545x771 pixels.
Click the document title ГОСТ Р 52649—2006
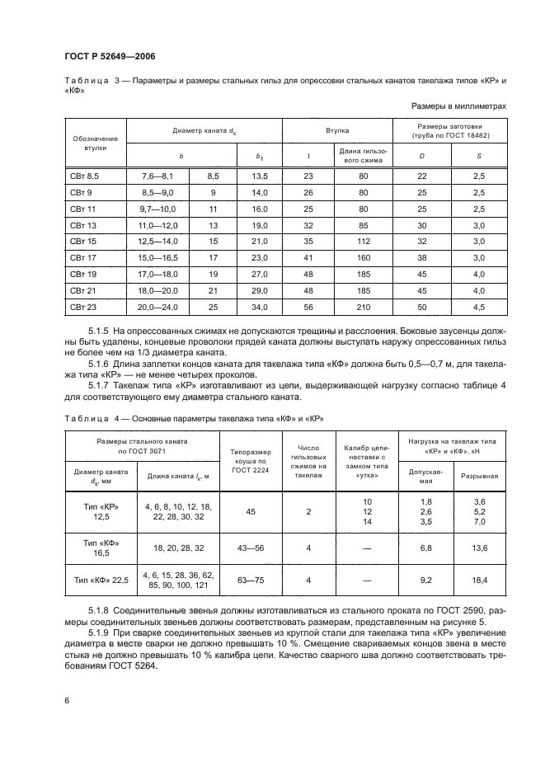(x=110, y=55)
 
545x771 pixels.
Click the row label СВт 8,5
(x=82, y=176)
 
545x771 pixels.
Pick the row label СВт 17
(x=82, y=258)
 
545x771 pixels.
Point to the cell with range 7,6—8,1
(x=159, y=176)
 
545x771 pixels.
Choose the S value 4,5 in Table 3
(x=478, y=308)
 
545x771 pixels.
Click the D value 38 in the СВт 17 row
(x=422, y=258)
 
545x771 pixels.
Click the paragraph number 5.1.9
(x=101, y=632)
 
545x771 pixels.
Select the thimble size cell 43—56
(x=251, y=548)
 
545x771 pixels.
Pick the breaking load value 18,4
(x=478, y=581)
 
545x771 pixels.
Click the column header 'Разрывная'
(x=478, y=476)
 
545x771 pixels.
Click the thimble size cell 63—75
(x=251, y=581)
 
